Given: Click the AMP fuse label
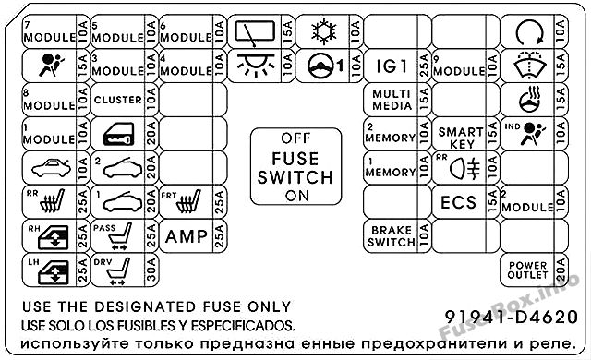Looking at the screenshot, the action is (187, 236).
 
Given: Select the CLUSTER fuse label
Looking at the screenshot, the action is (118, 100).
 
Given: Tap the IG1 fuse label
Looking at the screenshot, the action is (392, 66).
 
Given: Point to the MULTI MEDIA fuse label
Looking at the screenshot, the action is (392, 100).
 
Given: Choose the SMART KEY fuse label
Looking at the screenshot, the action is (461, 138).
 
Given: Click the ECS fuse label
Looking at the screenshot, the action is (459, 202).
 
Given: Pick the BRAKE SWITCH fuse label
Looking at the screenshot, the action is (392, 236).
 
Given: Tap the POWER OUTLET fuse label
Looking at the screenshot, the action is (527, 270).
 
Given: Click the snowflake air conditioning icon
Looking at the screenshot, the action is (324, 30).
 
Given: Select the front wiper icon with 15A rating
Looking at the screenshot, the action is (255, 32).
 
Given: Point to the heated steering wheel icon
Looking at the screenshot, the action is (529, 99).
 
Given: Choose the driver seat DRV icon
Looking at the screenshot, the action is (120, 271).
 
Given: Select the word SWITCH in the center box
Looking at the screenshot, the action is (295, 177).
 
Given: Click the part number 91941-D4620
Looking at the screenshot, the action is (512, 317).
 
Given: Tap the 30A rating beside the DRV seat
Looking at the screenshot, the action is (151, 270).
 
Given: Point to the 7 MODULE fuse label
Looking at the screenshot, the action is (49, 33).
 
